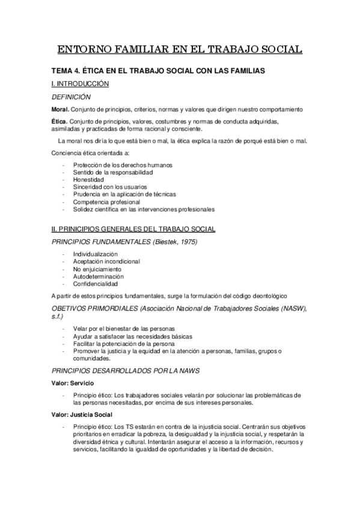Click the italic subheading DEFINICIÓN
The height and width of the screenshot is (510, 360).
click(71, 97)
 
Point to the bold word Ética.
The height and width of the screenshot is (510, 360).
click(59, 121)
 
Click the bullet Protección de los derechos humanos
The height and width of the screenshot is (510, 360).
click(114, 165)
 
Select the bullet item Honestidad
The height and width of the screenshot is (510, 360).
click(88, 180)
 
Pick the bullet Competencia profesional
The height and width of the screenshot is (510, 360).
click(106, 202)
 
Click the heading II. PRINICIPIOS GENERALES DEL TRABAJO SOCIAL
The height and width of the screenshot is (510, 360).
click(130, 229)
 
